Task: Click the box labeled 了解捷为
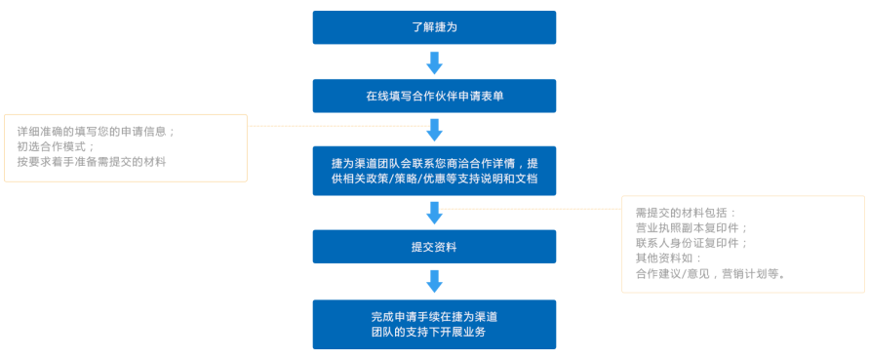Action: pos(434,27)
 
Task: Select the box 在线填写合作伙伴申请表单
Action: pos(434,96)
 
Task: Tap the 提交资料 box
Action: pos(434,247)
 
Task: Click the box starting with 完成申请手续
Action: pos(434,325)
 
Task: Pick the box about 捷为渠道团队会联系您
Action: pos(434,171)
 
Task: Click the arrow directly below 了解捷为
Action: pos(434,62)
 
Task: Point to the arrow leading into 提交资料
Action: pos(434,213)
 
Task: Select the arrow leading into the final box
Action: pos(434,281)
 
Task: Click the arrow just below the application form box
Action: pos(434,130)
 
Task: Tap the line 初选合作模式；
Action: pos(56,147)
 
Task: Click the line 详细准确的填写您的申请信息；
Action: pos(96,132)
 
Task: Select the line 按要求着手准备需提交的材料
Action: pos(92,163)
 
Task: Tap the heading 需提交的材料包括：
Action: pos(687,213)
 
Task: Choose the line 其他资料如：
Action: pos(668,259)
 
